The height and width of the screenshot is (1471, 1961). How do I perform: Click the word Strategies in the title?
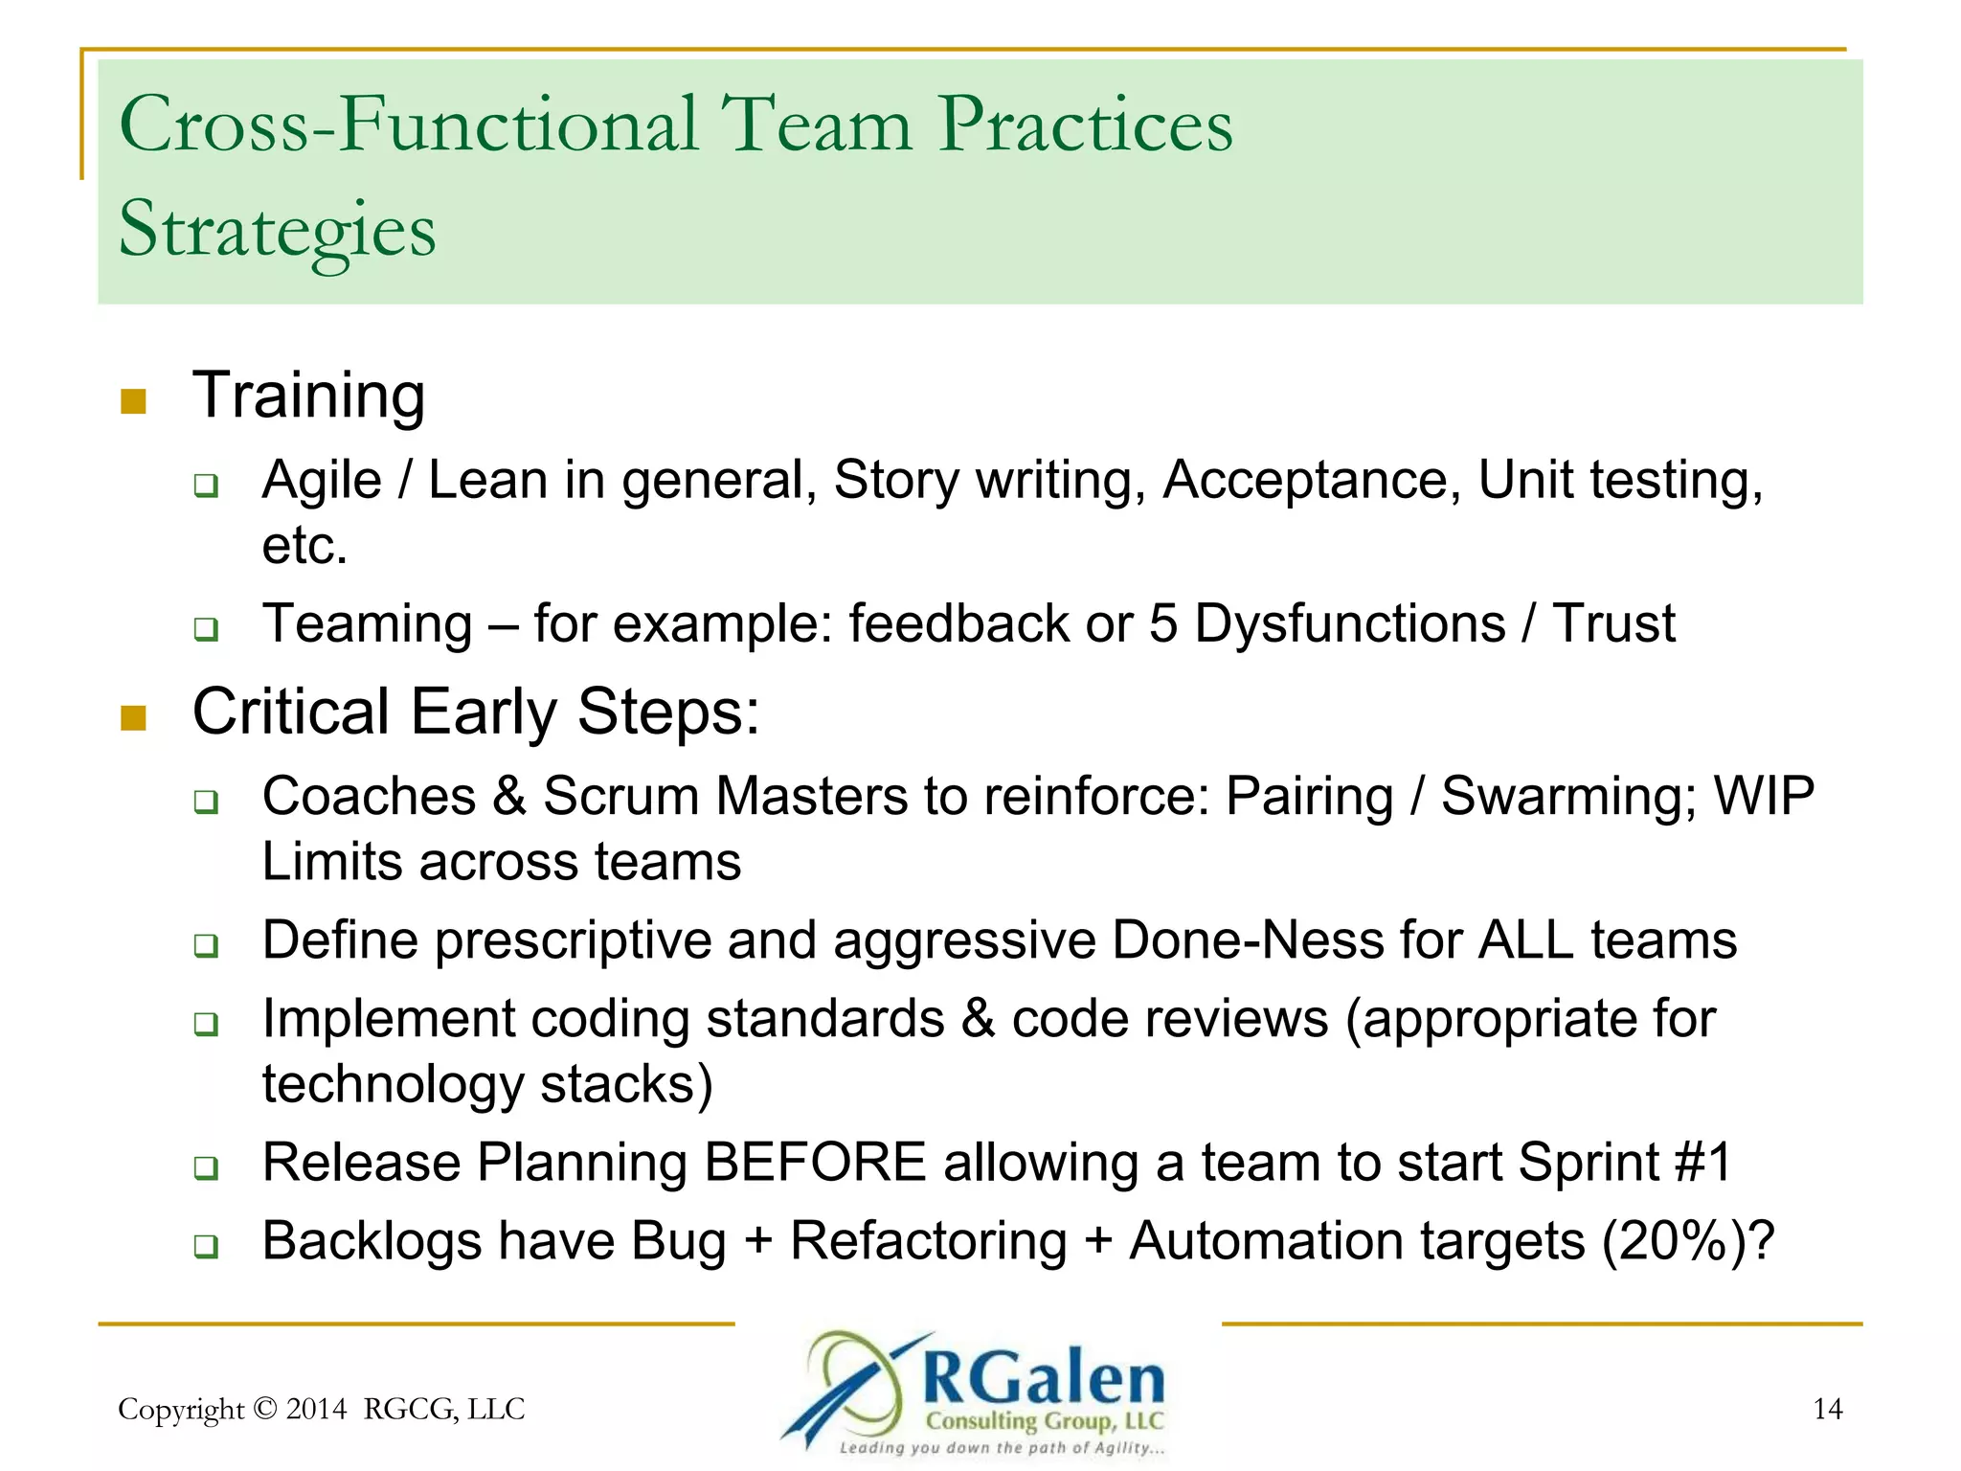point(277,230)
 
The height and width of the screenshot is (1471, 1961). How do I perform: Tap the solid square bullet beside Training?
point(133,400)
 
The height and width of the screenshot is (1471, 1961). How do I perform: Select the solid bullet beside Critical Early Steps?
point(133,717)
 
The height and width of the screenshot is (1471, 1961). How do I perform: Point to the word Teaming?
point(368,623)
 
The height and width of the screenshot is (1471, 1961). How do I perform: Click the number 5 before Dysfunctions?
point(1162,623)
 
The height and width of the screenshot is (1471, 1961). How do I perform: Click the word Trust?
point(1613,623)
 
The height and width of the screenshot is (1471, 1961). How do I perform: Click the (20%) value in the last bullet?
point(1678,1241)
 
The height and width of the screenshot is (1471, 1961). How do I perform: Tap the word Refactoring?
point(928,1241)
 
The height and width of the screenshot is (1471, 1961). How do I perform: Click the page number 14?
point(1827,1409)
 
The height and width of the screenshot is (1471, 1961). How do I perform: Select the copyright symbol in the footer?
point(266,1409)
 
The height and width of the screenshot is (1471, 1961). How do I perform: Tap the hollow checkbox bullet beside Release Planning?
point(206,1167)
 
